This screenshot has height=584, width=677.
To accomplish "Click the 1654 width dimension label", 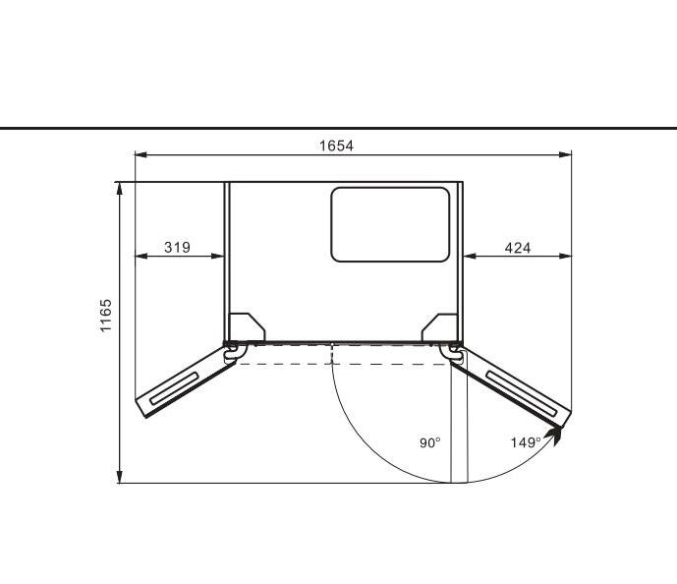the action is click(336, 146).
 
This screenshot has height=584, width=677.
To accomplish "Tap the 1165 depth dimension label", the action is click(106, 316).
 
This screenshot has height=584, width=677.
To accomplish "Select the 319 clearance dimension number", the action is click(177, 248).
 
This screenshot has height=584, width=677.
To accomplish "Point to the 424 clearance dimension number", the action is click(518, 248).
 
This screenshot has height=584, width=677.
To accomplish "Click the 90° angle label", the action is click(430, 442).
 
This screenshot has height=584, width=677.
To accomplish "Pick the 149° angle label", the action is click(526, 442).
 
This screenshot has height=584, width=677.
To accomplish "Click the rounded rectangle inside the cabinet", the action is click(390, 224).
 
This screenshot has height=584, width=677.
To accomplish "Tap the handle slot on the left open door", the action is click(175, 388).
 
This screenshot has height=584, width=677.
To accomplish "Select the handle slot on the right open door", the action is click(522, 393).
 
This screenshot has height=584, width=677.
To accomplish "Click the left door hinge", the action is click(233, 351).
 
